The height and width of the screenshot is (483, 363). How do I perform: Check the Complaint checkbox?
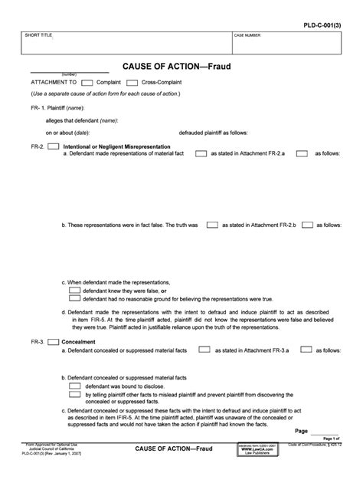pyautogui.click(x=87, y=82)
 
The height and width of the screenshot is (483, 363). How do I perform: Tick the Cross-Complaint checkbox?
pyautogui.click(x=132, y=82)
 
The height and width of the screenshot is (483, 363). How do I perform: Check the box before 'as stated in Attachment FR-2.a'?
pyautogui.click(x=201, y=153)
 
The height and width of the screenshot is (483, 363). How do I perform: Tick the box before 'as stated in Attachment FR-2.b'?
pyautogui.click(x=213, y=226)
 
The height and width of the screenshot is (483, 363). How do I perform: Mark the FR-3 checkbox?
pyautogui.click(x=54, y=342)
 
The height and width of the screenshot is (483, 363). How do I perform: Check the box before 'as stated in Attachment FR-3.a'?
pyautogui.click(x=204, y=350)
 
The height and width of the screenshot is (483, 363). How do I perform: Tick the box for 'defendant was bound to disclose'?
pyautogui.click(x=74, y=386)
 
